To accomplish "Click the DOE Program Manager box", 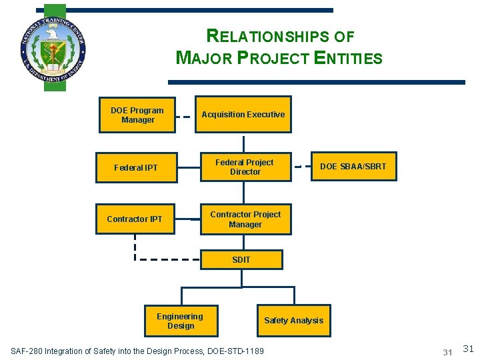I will tap(137, 115).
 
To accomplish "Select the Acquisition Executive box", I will tap(243, 115).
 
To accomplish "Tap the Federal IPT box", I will tap(136, 167).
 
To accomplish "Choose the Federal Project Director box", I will tap(245, 167).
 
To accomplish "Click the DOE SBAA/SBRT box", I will tap(353, 167).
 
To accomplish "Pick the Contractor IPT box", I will tap(135, 219).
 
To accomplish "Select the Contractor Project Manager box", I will tap(245, 219).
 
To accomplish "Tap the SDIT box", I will tap(241, 259).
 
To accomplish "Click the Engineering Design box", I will tap(181, 321).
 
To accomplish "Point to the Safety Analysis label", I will tap(293, 321).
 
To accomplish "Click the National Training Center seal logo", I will tap(53, 49).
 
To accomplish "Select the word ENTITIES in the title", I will tap(349, 58).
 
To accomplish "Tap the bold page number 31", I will tap(447, 351).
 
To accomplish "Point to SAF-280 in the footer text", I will tap(27, 351).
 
